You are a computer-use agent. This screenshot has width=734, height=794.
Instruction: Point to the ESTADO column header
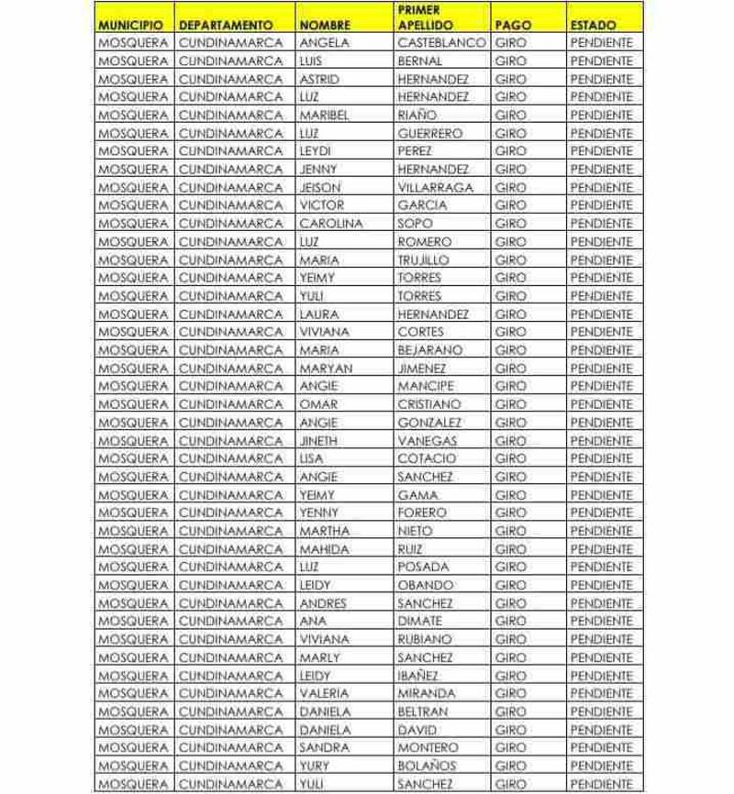(x=593, y=25)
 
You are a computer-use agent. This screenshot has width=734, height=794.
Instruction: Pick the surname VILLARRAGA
(x=436, y=187)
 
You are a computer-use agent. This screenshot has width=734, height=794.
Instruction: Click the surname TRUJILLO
(x=423, y=259)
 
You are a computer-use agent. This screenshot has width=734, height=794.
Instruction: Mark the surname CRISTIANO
(x=428, y=404)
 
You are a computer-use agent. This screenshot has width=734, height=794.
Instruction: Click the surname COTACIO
(x=427, y=458)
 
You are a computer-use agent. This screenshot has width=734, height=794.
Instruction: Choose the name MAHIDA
(x=324, y=548)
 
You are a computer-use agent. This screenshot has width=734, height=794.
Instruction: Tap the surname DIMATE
(x=420, y=621)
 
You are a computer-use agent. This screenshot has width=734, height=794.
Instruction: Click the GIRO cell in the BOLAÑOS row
(x=510, y=766)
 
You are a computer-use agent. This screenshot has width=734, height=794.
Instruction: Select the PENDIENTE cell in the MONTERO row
(x=601, y=747)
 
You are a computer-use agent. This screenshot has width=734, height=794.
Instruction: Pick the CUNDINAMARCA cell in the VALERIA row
(x=230, y=693)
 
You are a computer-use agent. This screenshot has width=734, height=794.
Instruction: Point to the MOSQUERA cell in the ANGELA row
(x=134, y=43)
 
